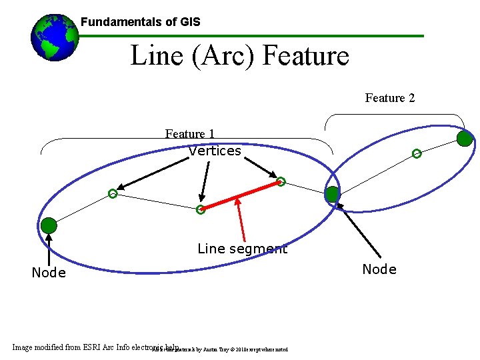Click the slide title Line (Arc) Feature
[x=239, y=55]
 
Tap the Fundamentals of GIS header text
[x=140, y=22]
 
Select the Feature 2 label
[x=389, y=98]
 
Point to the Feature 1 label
[x=189, y=134]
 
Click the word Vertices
[x=214, y=151]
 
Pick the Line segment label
[x=242, y=249]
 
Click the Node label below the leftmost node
[x=49, y=273]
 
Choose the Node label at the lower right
[x=379, y=269]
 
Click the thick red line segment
[x=241, y=195]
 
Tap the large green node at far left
[x=49, y=225]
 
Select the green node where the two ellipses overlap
[x=332, y=194]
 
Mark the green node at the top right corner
[x=465, y=138]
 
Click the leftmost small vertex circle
[x=113, y=194]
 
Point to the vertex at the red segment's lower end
[x=200, y=210]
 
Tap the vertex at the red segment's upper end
[x=281, y=181]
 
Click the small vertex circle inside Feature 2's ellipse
[x=417, y=154]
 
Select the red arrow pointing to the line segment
[x=241, y=220]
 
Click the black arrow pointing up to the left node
[x=49, y=249]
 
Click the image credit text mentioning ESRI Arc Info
[x=93, y=347]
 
